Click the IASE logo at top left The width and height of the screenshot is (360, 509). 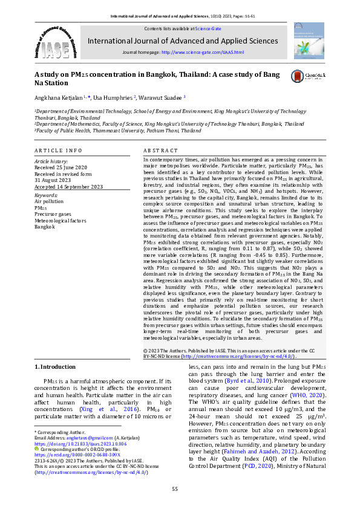(55, 41)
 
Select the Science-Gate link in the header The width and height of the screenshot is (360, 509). (208, 28)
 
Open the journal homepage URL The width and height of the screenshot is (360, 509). (203, 53)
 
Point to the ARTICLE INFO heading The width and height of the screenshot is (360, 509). (58, 150)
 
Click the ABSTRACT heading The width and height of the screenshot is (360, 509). (160, 150)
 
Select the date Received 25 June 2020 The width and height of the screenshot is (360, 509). (61, 167)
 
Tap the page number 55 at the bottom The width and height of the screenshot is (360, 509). (175, 489)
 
